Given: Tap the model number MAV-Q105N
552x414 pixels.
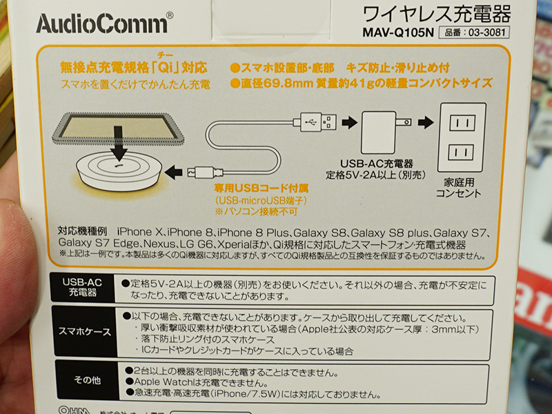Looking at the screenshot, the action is tap(398, 32).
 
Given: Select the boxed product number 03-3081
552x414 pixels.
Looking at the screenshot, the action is tap(474, 32).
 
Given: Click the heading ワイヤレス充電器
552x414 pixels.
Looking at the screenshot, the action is tap(436, 14).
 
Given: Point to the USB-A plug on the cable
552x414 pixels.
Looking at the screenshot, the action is tap(315, 123).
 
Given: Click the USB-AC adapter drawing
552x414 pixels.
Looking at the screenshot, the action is tap(386, 132).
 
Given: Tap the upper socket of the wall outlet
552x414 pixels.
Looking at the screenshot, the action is tap(462, 123).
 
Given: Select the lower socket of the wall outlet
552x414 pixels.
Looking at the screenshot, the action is tap(461, 152).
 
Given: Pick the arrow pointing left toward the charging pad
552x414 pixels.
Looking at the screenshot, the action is tap(173, 172).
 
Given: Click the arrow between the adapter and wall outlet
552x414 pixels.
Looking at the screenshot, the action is tap(425, 123).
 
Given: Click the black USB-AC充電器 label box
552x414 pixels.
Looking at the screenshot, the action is tap(83, 287).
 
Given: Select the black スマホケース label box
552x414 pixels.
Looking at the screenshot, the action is tap(84, 331).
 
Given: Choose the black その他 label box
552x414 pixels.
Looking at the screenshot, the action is tap(87, 380).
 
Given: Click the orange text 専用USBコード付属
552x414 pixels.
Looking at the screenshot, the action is tap(262, 188).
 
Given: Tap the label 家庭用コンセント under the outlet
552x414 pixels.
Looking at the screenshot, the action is tap(459, 188).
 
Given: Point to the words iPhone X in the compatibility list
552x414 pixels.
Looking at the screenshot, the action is tap(139, 232).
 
